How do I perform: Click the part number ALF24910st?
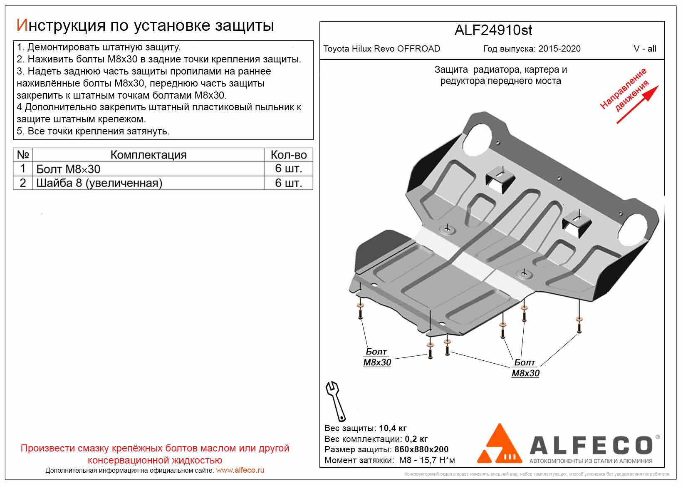point(493,30)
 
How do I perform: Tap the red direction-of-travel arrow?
point(637,104)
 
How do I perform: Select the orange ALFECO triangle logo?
point(499,444)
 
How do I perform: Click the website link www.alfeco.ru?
point(240,470)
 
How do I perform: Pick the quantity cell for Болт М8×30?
point(288,169)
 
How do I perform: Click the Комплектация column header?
point(148,155)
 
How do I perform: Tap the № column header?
point(23,155)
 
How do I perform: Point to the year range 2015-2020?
point(559,49)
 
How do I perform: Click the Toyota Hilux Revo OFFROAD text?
point(381,49)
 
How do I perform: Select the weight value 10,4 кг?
point(393,428)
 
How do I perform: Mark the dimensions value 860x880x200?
point(421,449)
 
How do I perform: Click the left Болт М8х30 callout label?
point(377,357)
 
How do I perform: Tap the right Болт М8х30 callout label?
point(525,368)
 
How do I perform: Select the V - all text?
point(645,49)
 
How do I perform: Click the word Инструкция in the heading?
point(61,26)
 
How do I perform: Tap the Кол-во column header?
point(288,155)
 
